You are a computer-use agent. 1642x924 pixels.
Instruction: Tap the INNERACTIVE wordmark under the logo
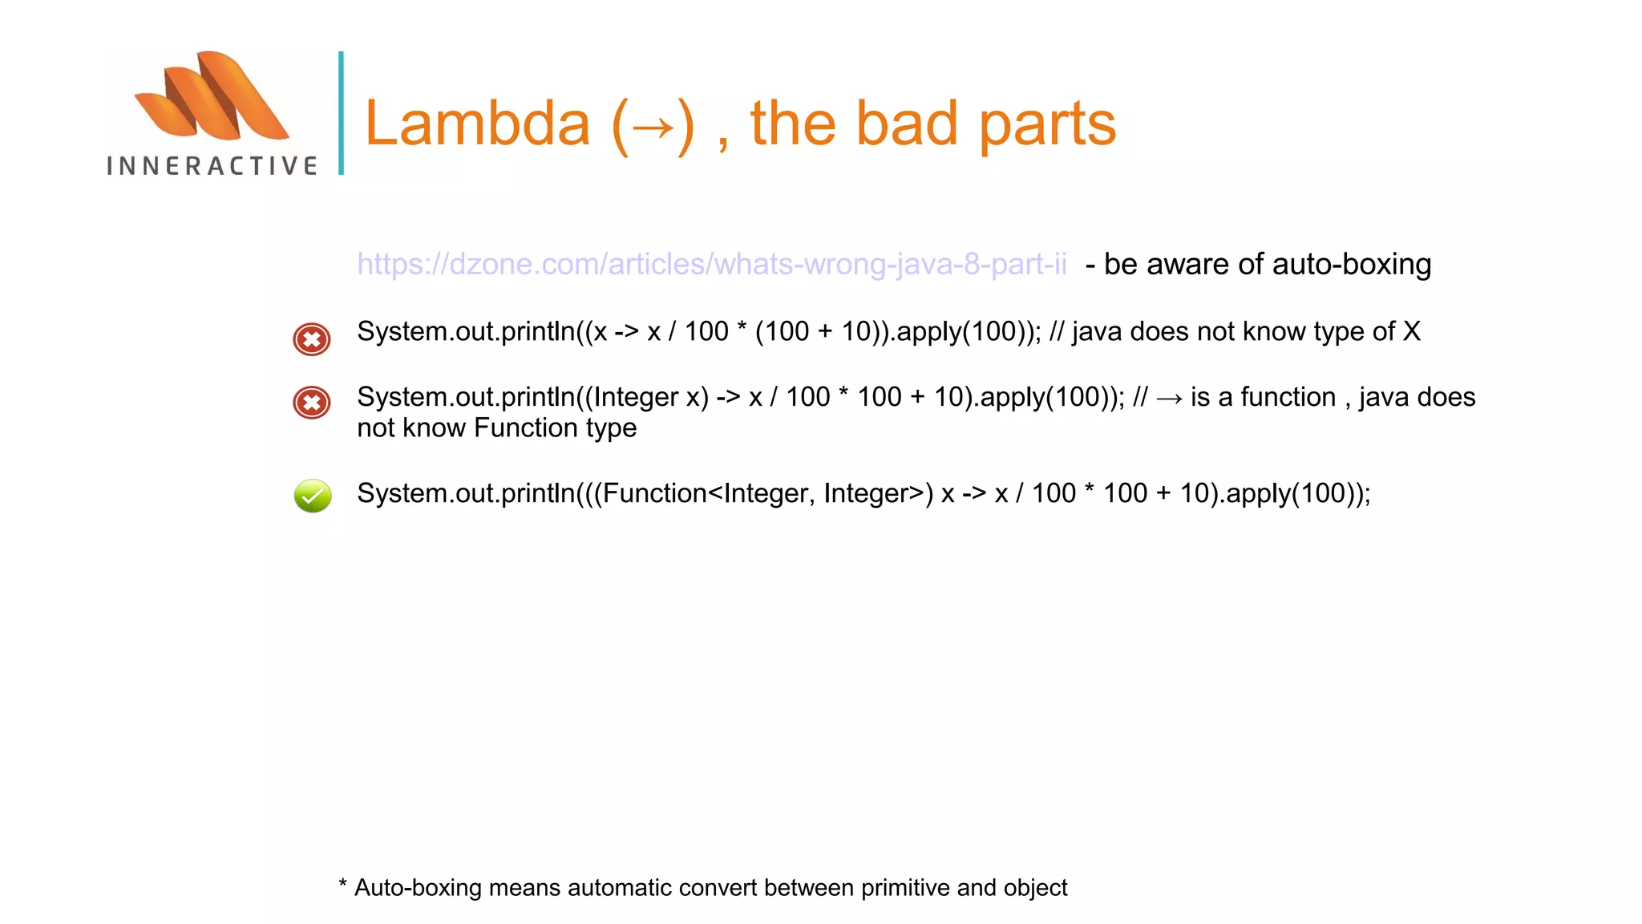point(212,166)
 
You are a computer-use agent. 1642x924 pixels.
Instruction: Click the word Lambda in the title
point(478,124)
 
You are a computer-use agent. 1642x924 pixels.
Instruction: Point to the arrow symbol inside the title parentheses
point(653,127)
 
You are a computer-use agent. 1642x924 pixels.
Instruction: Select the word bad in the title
point(907,124)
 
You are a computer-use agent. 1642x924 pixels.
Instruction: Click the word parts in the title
point(1047,125)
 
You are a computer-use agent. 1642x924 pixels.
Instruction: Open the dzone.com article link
point(712,264)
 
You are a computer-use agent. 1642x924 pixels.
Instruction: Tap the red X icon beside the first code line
point(312,339)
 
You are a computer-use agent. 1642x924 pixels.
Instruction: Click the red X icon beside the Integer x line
point(312,403)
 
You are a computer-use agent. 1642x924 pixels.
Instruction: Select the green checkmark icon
point(313,496)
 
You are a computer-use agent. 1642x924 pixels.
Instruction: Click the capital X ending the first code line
point(1411,331)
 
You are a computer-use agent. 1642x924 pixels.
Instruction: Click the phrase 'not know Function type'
point(497,428)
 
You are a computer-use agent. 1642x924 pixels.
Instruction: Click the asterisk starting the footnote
point(343,885)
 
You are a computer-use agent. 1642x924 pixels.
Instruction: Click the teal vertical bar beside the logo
point(341,113)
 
